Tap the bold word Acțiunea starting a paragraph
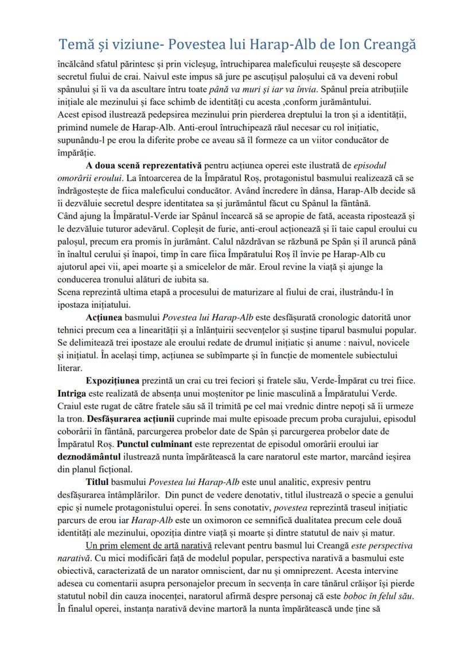[x=104, y=317]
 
